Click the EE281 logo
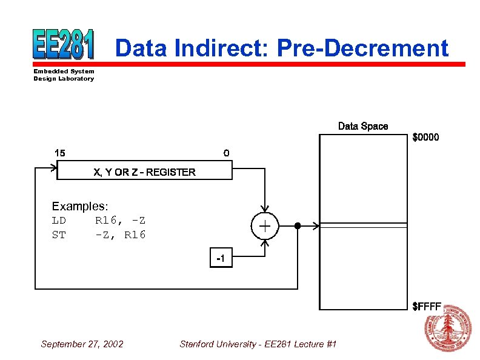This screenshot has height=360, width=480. coord(64,44)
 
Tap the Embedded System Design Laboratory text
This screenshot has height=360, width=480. coord(64,75)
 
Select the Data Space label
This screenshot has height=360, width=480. coord(362,126)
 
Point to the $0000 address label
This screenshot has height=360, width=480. coord(425,138)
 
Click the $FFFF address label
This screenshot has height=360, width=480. coord(426,306)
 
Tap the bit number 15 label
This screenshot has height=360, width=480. coord(60,152)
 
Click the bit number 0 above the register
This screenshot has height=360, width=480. coord(226,153)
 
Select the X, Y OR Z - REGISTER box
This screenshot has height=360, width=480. coord(144,172)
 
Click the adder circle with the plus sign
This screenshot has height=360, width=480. coord(265,226)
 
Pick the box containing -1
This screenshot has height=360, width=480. coord(221,259)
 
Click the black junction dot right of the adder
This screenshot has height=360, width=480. coord(297,226)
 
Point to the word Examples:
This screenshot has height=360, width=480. coord(80,207)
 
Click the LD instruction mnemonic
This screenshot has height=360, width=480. coord(59,220)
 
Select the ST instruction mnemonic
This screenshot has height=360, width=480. coord(59,235)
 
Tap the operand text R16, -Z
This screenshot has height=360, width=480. coord(120,220)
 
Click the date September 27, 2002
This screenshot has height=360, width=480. coord(82,344)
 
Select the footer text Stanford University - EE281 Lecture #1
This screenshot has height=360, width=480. coord(258,344)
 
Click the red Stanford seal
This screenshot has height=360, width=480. coord(448,329)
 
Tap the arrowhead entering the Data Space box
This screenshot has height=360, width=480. coord(315,226)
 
